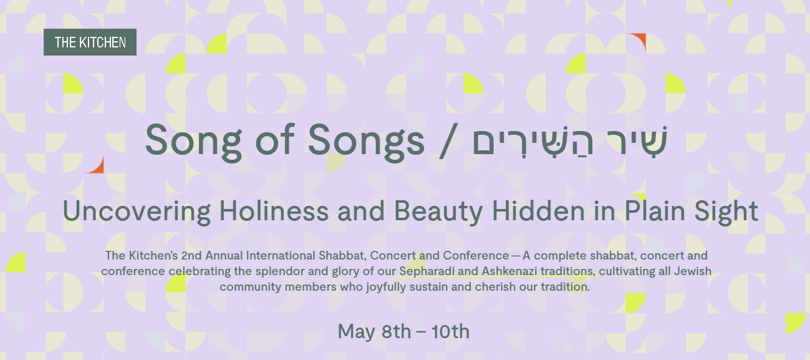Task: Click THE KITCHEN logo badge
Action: click(90, 42)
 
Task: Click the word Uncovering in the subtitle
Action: click(137, 211)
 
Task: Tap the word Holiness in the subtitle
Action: click(274, 211)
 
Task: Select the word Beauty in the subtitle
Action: click(438, 212)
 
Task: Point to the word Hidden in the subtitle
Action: click(538, 211)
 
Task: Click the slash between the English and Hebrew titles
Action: click(448, 141)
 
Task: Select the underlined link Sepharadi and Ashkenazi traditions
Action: click(497, 271)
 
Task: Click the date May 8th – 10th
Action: click(403, 331)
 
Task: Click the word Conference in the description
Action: click(476, 255)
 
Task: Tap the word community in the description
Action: click(251, 287)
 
